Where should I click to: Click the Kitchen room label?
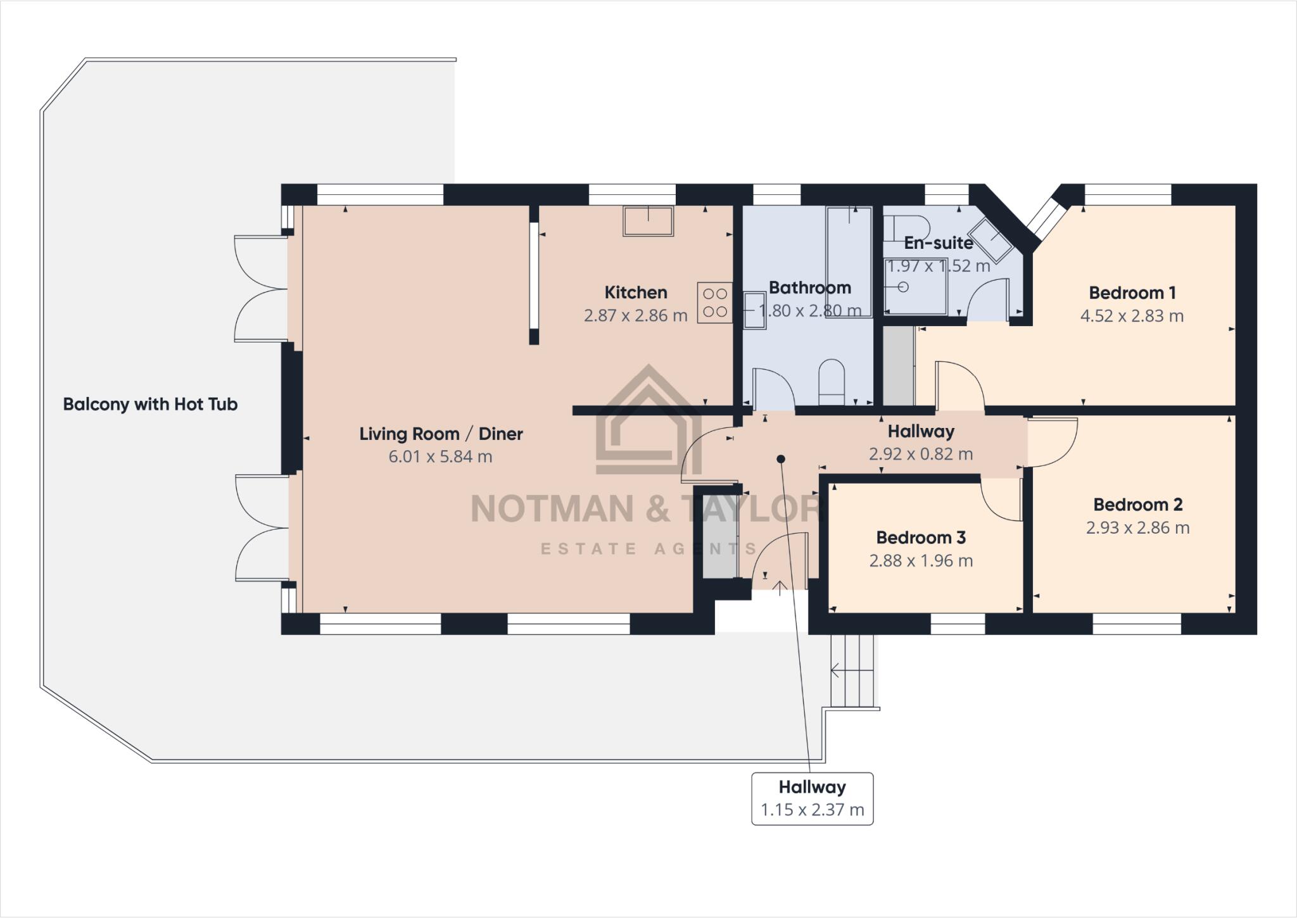635,292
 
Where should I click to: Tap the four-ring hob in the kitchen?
715,303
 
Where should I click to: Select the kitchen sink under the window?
648,221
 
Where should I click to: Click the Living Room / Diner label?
441,434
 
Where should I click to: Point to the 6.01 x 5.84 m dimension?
440,456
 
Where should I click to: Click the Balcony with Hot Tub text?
150,404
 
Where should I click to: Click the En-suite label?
938,242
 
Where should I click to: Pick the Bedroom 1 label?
1132,292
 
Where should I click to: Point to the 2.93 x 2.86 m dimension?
1137,527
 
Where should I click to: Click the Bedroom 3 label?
920,538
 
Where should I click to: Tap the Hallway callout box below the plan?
812,798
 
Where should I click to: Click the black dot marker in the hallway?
781,459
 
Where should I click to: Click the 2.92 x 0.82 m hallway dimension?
920,454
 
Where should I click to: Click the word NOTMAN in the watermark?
552,508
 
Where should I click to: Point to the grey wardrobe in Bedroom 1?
899,365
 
